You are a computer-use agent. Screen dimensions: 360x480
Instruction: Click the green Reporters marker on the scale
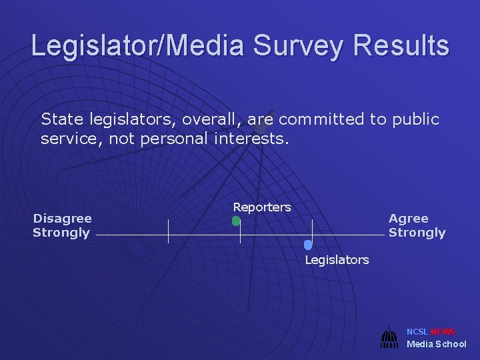236,221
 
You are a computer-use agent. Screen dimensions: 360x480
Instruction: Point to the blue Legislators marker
308,245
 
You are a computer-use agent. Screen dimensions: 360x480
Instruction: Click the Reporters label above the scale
262,207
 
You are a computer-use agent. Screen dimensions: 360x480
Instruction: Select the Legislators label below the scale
337,260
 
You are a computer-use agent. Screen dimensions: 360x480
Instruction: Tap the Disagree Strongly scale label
62,225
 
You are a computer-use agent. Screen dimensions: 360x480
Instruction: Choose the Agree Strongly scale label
417,225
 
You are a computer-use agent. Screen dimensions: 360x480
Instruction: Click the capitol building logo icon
389,337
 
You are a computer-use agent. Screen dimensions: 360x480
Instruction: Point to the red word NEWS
443,332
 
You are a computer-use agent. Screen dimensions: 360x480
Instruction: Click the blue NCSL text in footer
418,332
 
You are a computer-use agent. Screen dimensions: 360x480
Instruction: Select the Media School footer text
437,344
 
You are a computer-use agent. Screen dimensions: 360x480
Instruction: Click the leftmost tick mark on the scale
168,231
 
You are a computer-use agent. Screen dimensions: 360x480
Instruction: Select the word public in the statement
415,119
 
